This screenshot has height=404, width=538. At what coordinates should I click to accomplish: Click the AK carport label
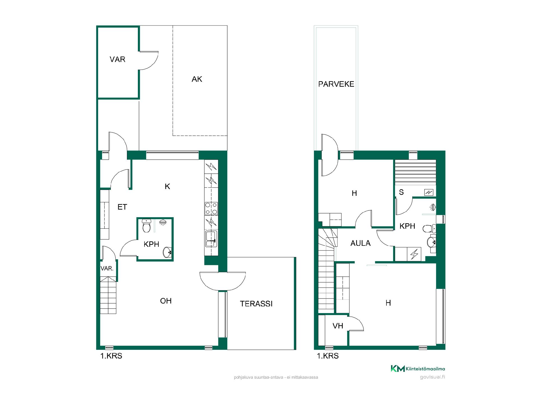(x=197, y=79)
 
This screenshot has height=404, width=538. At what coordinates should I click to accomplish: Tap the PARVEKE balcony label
(x=336, y=84)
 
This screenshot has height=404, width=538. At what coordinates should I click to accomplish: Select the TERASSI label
(x=256, y=304)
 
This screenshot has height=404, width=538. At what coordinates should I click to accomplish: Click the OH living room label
(x=166, y=301)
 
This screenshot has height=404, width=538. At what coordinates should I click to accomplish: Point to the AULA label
(x=360, y=243)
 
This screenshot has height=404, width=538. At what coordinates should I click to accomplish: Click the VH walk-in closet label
(x=338, y=326)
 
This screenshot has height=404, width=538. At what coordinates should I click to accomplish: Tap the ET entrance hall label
(x=122, y=207)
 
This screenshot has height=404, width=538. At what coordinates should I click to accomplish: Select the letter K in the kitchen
(x=168, y=187)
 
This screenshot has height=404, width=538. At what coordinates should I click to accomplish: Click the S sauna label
(x=401, y=192)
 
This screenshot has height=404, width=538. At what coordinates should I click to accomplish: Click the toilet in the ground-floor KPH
(x=146, y=226)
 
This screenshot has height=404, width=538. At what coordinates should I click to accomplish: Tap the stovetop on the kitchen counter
(x=211, y=208)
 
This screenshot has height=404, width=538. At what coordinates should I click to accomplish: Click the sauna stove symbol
(x=429, y=192)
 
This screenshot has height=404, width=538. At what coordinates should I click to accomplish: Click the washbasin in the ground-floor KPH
(x=167, y=252)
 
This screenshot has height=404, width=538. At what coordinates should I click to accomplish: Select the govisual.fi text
(x=432, y=377)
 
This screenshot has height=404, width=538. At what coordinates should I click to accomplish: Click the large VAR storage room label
(x=117, y=59)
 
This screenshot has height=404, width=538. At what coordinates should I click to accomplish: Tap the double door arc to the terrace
(x=223, y=281)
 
